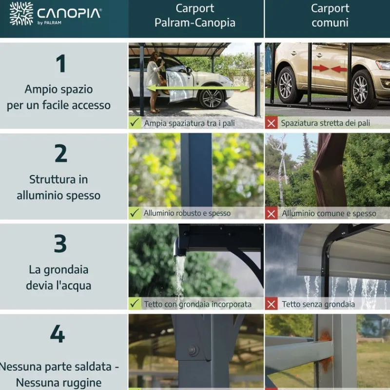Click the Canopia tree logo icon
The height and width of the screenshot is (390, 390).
coord(21,14)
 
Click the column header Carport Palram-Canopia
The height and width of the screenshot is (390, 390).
coord(195,16)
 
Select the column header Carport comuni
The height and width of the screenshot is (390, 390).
coord(330,16)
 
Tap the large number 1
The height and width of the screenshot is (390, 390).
coord(60,64)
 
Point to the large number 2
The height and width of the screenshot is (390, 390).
coord(60,154)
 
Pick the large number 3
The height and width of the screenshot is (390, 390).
coord(60,244)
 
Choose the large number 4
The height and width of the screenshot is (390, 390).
coord(58,334)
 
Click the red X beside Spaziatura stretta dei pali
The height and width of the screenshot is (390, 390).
coord(272,123)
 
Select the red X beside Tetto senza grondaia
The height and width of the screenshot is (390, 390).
coord(272,304)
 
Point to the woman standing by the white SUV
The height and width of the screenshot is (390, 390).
coord(154,78)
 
